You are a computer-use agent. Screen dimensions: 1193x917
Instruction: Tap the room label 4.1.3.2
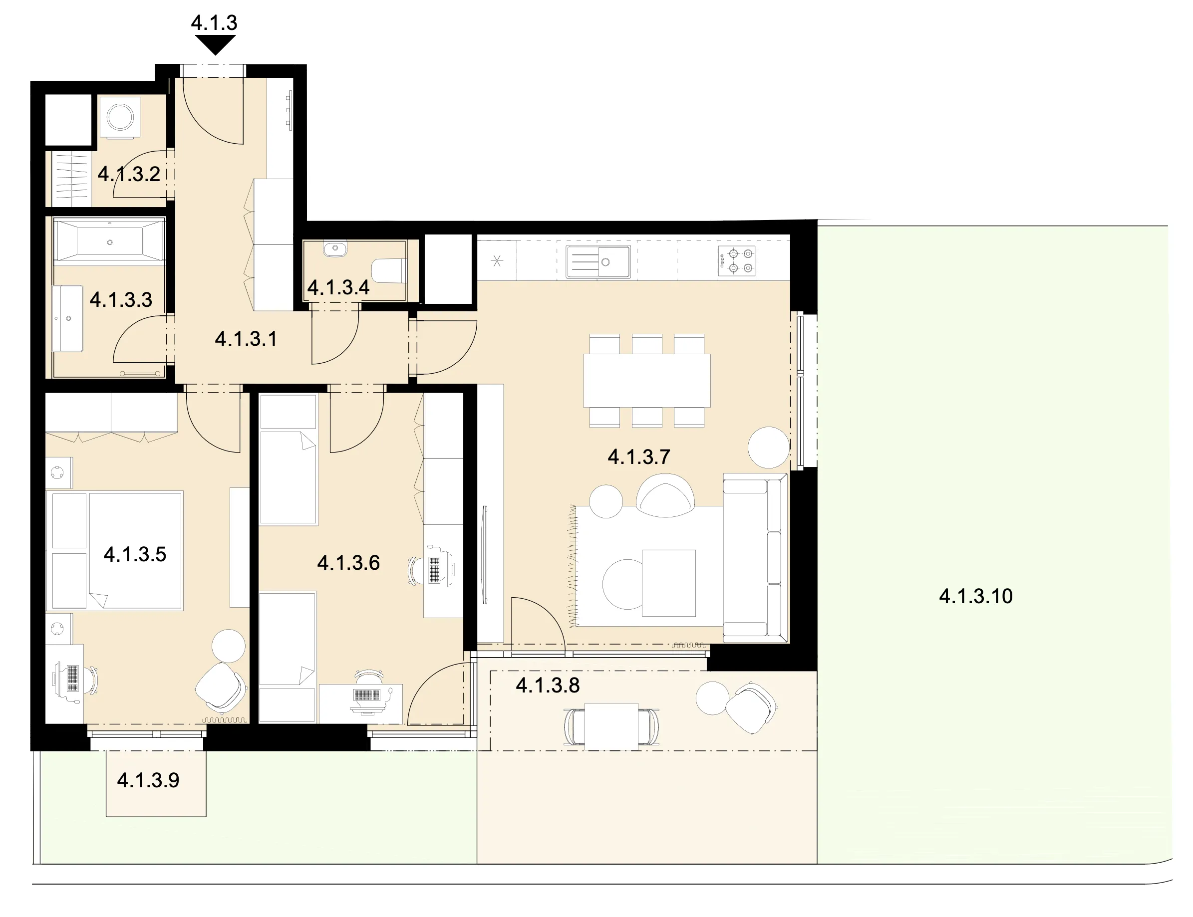[129, 174]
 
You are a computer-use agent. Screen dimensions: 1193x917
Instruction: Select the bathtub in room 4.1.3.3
[110, 241]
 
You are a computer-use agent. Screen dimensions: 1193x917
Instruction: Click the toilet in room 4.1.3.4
[388, 270]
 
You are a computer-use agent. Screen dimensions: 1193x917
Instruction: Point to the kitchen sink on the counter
[598, 261]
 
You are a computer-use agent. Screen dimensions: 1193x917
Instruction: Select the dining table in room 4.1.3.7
[647, 381]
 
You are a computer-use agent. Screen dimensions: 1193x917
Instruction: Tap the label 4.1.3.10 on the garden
[976, 596]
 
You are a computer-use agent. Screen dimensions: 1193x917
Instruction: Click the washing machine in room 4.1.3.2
[120, 117]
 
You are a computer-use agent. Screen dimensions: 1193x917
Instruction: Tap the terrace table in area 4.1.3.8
[611, 726]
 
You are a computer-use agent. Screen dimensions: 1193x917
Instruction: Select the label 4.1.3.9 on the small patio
[148, 780]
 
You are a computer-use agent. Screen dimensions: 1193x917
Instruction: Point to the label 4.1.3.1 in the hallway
[246, 339]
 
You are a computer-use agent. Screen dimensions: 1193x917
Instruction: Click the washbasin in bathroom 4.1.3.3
[68, 318]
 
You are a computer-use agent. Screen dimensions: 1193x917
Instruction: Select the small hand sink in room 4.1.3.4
[335, 249]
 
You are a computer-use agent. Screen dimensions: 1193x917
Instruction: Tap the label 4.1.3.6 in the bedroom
[348, 563]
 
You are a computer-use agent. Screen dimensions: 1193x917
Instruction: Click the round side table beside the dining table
[768, 448]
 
